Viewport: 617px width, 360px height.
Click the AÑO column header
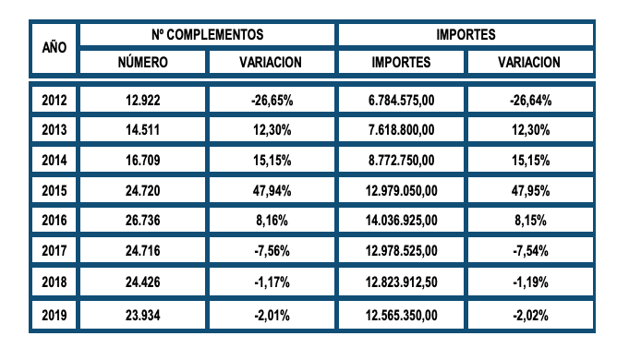pyautogui.click(x=52, y=47)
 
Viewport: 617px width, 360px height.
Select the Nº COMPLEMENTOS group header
pyautogui.click(x=207, y=34)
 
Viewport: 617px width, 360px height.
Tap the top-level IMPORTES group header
pyautogui.click(x=466, y=34)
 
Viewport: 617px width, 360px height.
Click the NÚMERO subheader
pyautogui.click(x=142, y=62)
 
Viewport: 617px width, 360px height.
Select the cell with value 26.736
pyautogui.click(x=142, y=222)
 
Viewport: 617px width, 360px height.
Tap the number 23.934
pyautogui.click(x=142, y=316)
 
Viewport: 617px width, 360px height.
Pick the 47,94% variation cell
pyautogui.click(x=272, y=191)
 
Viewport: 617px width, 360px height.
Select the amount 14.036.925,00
pyautogui.click(x=402, y=222)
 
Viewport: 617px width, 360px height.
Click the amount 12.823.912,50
pyautogui.click(x=402, y=282)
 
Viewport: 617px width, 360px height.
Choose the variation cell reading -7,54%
pyautogui.click(x=529, y=252)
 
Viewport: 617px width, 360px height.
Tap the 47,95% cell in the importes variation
pyautogui.click(x=529, y=191)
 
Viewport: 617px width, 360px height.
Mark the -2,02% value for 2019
pyautogui.click(x=529, y=316)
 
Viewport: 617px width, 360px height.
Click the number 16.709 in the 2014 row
pyautogui.click(x=142, y=161)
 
